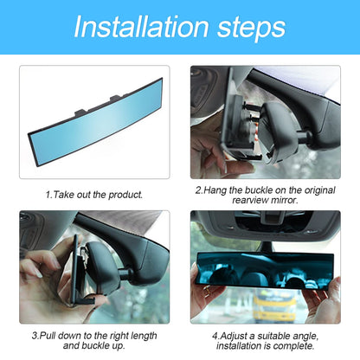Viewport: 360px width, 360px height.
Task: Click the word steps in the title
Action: click(x=247, y=28)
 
